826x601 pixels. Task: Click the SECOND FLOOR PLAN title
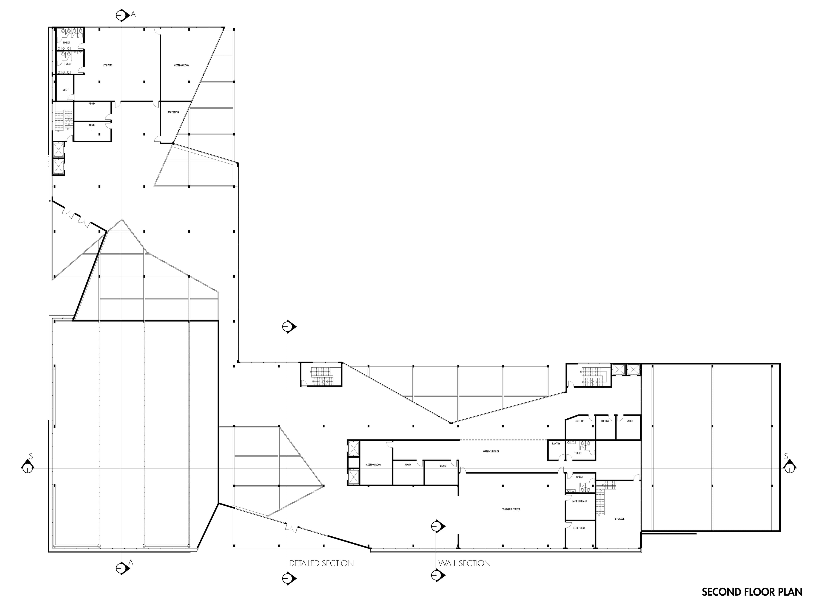752,592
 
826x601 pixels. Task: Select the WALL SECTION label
464,564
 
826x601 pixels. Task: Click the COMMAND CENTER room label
511,509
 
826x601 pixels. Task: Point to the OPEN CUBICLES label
491,452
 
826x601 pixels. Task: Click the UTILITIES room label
107,65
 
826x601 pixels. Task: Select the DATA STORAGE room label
579,501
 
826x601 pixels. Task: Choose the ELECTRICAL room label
579,528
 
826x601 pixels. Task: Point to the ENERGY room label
605,421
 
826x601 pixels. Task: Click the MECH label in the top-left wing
65,90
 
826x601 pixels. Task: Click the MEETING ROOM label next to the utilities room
181,65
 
